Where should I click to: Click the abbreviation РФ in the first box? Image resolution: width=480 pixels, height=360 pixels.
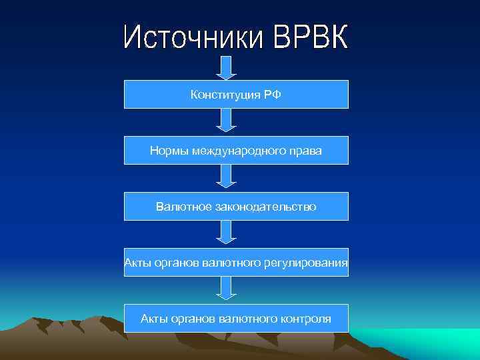point(271,95)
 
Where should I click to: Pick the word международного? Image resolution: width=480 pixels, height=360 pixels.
point(241,151)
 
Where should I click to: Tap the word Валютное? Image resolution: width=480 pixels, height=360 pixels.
point(184,207)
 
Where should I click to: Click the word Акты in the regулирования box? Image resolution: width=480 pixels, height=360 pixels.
point(137,263)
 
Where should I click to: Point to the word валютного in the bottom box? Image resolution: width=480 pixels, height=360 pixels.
point(247,319)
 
